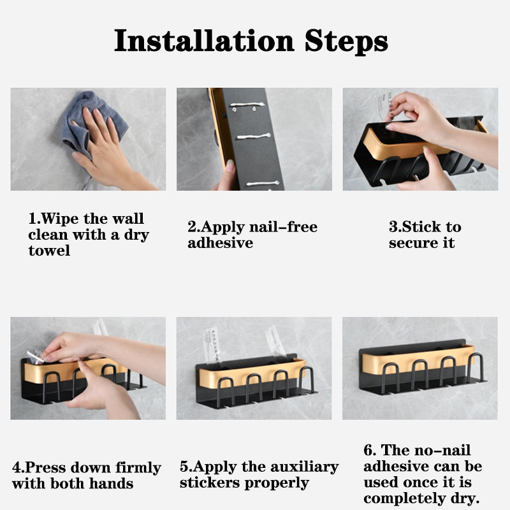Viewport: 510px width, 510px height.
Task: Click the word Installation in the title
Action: click(204, 40)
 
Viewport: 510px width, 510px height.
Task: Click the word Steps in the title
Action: click(346, 41)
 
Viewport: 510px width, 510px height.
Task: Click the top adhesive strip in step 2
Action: click(248, 105)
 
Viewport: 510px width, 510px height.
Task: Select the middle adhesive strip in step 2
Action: click(254, 136)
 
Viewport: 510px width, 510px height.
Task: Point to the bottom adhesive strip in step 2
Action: click(263, 184)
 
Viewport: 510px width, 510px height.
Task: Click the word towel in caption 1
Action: click(49, 251)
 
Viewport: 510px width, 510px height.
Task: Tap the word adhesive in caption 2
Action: click(220, 243)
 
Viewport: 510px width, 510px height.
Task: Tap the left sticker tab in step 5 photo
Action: click(212, 346)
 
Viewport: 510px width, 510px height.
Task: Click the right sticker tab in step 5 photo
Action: click(275, 342)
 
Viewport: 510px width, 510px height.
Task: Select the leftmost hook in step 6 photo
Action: click(390, 377)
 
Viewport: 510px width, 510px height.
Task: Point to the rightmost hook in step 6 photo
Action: click(476, 367)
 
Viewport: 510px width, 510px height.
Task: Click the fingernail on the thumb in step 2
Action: click(230, 166)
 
